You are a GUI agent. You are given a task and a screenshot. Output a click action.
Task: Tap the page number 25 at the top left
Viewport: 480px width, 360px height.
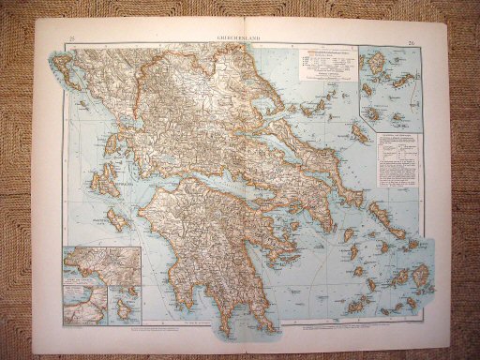(x=73, y=38)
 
